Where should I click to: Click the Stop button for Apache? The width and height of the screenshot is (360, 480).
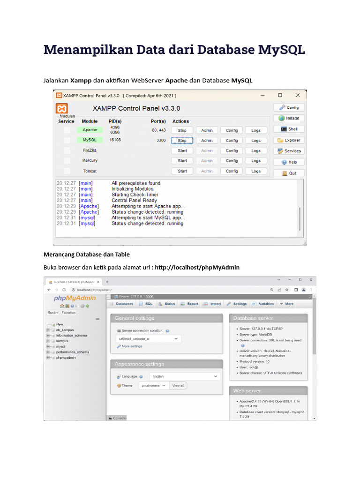tap(182, 130)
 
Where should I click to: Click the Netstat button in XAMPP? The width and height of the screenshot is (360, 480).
tap(289, 119)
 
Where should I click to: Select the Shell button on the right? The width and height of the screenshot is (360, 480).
tap(289, 129)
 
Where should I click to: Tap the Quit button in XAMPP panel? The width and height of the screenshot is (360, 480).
tap(289, 173)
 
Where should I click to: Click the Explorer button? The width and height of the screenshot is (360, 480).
tap(289, 140)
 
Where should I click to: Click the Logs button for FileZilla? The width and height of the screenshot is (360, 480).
tap(255, 150)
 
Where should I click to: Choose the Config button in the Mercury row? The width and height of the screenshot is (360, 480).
tap(232, 161)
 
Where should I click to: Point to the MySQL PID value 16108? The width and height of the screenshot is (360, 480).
tap(115, 140)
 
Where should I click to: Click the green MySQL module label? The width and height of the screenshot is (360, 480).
tap(90, 140)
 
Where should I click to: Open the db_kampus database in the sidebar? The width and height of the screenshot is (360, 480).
tap(65, 330)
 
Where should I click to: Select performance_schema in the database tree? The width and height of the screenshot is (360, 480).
tap(72, 352)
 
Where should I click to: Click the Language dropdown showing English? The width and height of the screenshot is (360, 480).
tap(185, 376)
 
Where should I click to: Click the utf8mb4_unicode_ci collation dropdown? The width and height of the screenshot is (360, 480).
tap(148, 338)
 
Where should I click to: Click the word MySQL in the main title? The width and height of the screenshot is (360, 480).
tap(281, 50)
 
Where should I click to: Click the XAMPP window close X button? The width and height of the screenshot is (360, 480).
tap(298, 95)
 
